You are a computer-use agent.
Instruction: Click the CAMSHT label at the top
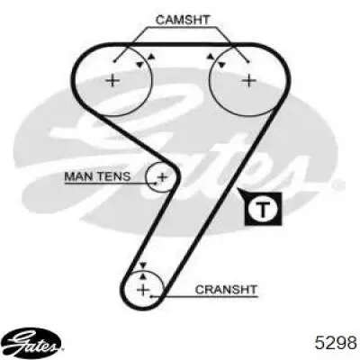(183, 20)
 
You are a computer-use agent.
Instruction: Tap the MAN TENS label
(97, 176)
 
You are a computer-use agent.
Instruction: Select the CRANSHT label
(226, 290)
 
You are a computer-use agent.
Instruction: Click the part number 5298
(336, 342)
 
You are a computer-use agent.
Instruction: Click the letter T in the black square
(263, 209)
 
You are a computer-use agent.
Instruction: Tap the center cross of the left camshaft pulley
(113, 80)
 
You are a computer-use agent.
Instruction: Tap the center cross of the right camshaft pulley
(249, 80)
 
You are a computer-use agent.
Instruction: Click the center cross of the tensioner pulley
(162, 176)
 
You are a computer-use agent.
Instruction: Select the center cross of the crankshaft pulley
(143, 290)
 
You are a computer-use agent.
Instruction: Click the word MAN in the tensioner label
(77, 176)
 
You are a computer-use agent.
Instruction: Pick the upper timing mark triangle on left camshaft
(152, 57)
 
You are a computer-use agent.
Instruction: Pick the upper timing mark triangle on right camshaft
(211, 57)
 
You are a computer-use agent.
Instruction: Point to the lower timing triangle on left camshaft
(139, 64)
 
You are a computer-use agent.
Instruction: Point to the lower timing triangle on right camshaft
(221, 65)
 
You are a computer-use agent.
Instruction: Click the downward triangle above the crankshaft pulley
(143, 265)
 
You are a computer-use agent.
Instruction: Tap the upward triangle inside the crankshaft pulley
(143, 276)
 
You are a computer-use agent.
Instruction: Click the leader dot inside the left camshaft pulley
(114, 61)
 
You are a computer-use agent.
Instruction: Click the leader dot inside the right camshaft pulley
(248, 61)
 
